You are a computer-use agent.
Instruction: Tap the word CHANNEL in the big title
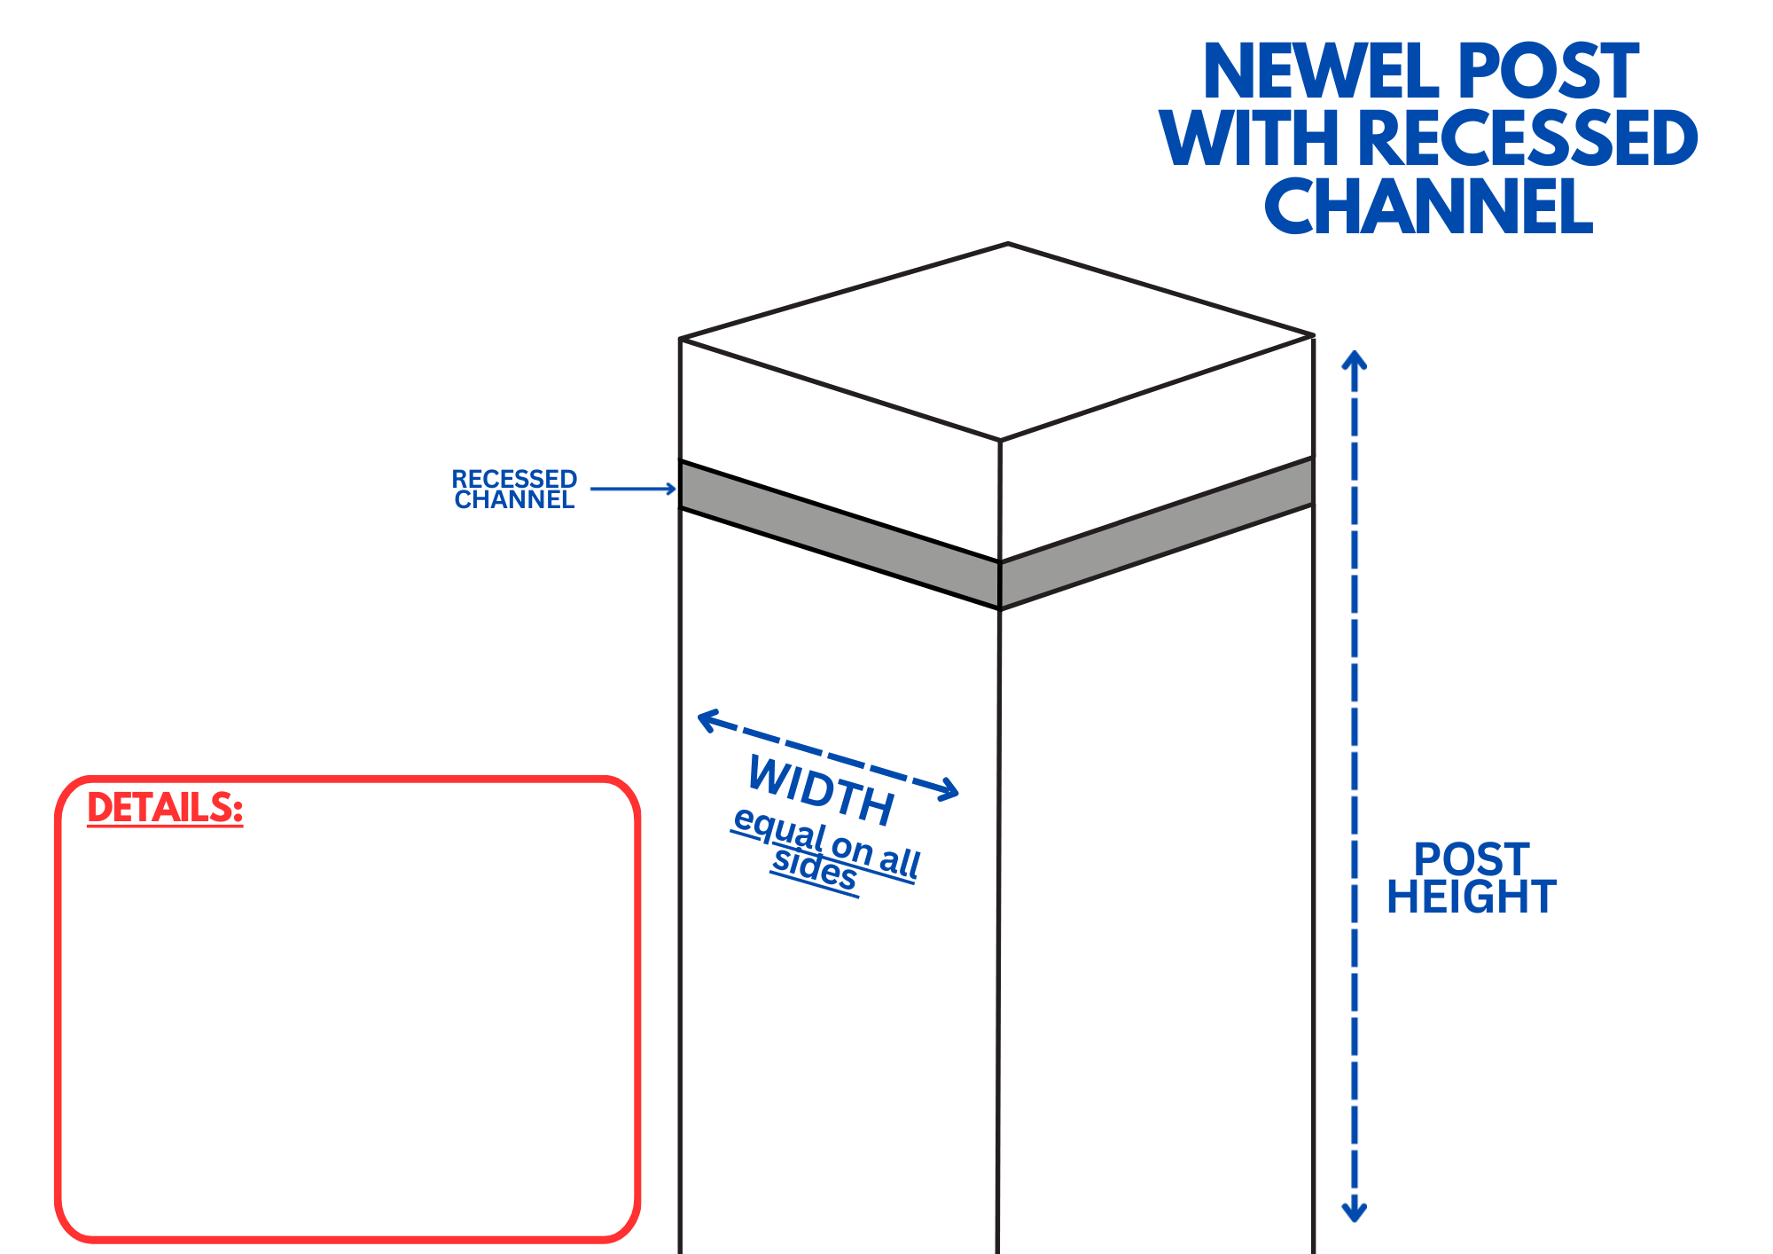[1428, 207]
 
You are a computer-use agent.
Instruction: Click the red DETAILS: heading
[165, 808]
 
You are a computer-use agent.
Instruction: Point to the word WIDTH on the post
[821, 789]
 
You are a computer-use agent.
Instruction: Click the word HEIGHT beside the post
[1472, 897]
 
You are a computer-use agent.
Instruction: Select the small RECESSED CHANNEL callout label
[514, 490]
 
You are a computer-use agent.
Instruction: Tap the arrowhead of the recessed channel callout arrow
[672, 489]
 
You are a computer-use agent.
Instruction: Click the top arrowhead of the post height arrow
[1354, 359]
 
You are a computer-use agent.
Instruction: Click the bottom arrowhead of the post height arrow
[1354, 1213]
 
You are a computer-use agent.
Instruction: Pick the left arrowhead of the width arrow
[706, 719]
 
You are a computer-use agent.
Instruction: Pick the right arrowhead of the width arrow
[951, 790]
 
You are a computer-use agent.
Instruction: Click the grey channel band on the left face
[839, 535]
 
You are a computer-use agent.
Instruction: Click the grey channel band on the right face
[1157, 533]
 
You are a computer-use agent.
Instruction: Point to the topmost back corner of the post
[1008, 244]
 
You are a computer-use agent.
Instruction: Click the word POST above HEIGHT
[1472, 859]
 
